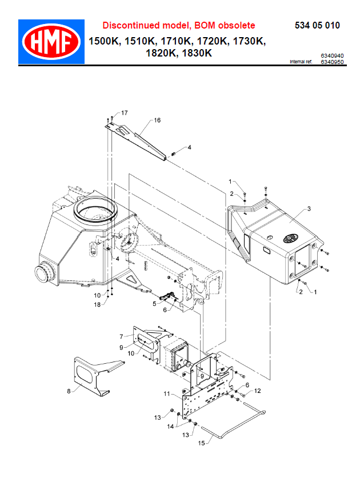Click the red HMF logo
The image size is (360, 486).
(x=51, y=42)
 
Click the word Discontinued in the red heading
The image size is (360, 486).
(x=129, y=26)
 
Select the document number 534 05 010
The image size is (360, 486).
(x=317, y=26)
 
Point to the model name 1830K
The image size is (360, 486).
(x=197, y=54)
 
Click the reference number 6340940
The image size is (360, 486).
(x=332, y=56)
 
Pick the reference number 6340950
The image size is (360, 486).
(x=332, y=62)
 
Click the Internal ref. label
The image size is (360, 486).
(x=301, y=62)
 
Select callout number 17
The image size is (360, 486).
(x=124, y=113)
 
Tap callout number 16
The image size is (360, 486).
(x=157, y=121)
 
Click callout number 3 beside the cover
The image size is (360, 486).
(x=309, y=209)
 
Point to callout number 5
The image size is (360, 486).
(x=154, y=304)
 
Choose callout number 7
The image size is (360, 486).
(x=121, y=336)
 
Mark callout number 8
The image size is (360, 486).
(x=69, y=391)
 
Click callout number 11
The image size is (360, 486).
(x=167, y=394)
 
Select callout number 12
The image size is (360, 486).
(x=257, y=391)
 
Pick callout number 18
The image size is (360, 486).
(x=97, y=305)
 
